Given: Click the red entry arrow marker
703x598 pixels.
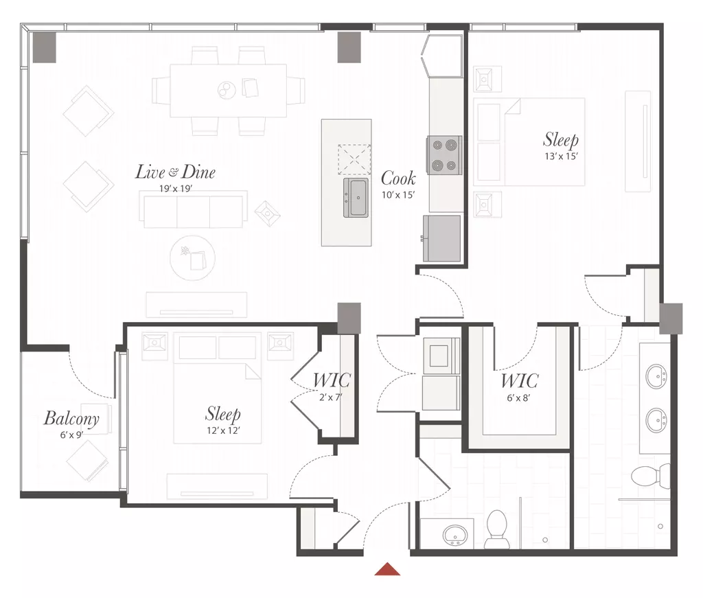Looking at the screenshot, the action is (387, 569).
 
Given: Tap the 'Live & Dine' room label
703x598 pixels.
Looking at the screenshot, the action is (175, 172).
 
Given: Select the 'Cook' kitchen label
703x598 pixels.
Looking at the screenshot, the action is (398, 178).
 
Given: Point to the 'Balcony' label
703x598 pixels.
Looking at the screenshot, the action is (71, 418).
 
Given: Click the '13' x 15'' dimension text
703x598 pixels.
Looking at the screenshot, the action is (562, 156).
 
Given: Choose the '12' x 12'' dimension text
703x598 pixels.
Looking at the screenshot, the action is (223, 430).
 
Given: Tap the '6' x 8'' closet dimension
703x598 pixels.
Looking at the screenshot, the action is (519, 398).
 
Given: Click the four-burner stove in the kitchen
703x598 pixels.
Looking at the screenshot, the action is (444, 155).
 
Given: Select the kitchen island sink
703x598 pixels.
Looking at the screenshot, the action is (356, 198).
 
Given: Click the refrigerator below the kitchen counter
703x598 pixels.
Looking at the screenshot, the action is (442, 238).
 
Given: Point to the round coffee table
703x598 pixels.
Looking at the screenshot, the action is (193, 258).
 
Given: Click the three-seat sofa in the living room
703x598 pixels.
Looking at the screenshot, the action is (193, 210).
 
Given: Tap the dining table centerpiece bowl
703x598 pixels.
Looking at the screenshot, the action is (227, 90).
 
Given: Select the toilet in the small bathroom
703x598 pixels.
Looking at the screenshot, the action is (496, 529).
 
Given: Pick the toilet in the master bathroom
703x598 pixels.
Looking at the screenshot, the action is (651, 476).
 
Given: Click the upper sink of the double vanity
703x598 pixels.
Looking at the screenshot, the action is (658, 376).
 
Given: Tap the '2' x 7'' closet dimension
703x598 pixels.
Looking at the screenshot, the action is (330, 397).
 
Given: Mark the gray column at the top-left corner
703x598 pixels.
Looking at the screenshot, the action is (45, 47).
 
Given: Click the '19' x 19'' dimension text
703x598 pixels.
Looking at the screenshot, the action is (176, 189).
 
